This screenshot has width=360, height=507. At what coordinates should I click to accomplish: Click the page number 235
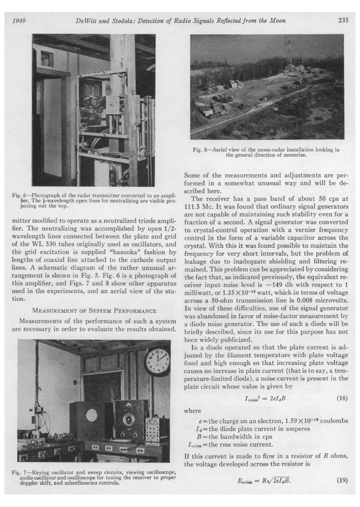(x=342, y=21)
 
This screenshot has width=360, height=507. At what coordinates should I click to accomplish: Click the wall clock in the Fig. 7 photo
(x=157, y=360)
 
